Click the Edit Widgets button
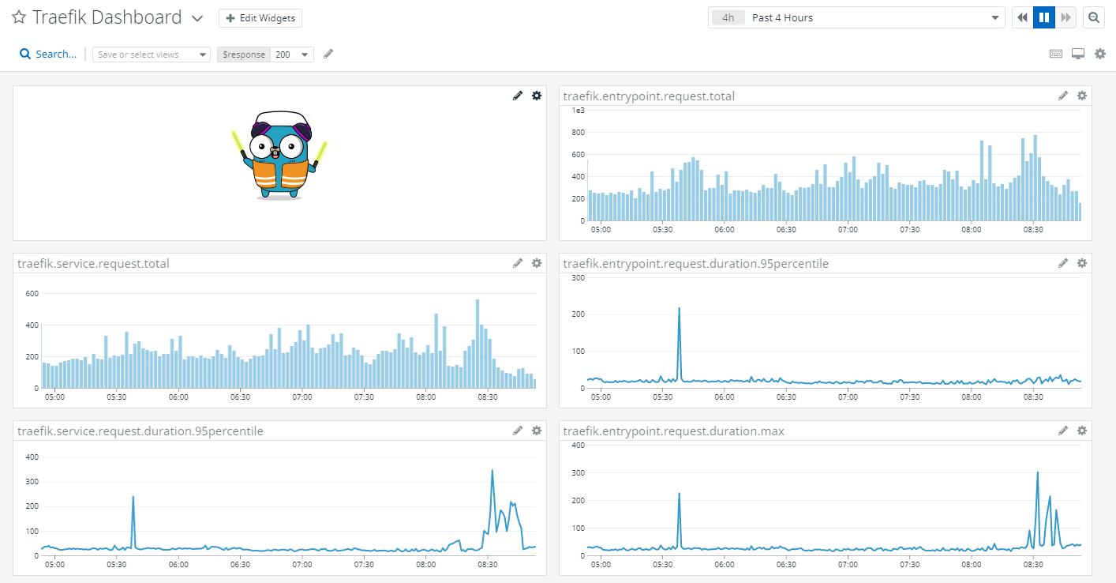260,18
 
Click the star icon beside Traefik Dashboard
19,17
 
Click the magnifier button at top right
1093,17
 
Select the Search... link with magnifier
48,54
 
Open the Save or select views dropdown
151,55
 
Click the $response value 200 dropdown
291,55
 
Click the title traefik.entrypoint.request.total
648,96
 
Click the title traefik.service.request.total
93,264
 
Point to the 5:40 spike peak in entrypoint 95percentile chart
679,309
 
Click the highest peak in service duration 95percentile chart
492,471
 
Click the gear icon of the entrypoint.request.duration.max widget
1082,431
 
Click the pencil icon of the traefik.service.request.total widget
518,263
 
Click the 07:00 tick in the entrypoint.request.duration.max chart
848,565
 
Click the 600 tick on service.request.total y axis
32,294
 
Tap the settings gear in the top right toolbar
1099,54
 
